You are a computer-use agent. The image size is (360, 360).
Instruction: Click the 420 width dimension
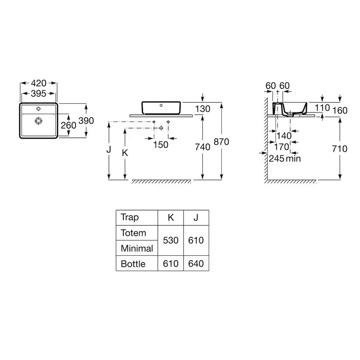(38, 83)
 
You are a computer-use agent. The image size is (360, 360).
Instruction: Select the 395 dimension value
(38, 93)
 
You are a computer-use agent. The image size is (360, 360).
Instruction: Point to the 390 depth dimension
(86, 121)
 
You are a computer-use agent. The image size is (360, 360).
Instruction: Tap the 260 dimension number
(68, 126)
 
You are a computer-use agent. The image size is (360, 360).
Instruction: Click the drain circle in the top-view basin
(38, 121)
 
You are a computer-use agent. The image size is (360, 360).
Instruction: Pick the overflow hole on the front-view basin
(161, 105)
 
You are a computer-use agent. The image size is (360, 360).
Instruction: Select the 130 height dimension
(203, 109)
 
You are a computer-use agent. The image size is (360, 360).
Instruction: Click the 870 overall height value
(221, 142)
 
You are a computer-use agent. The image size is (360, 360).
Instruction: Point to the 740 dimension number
(203, 147)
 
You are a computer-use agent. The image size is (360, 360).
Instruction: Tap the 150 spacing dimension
(161, 145)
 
